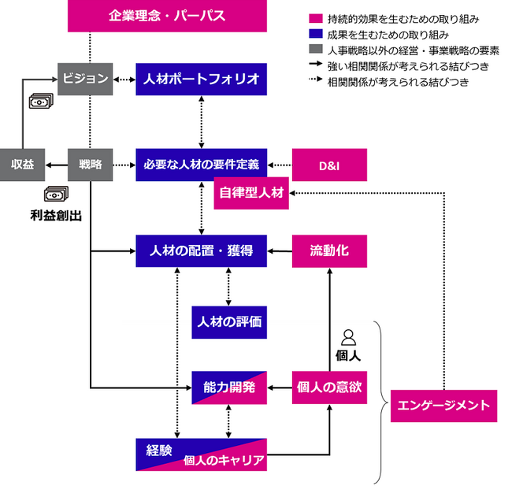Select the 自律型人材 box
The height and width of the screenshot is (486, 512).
[x=251, y=194]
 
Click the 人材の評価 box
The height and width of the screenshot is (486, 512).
[x=228, y=321]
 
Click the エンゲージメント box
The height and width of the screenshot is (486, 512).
[x=444, y=405]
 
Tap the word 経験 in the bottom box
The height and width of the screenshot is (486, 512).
[x=160, y=450]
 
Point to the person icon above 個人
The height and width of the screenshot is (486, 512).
[x=349, y=337]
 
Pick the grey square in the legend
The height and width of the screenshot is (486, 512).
[x=314, y=49]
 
